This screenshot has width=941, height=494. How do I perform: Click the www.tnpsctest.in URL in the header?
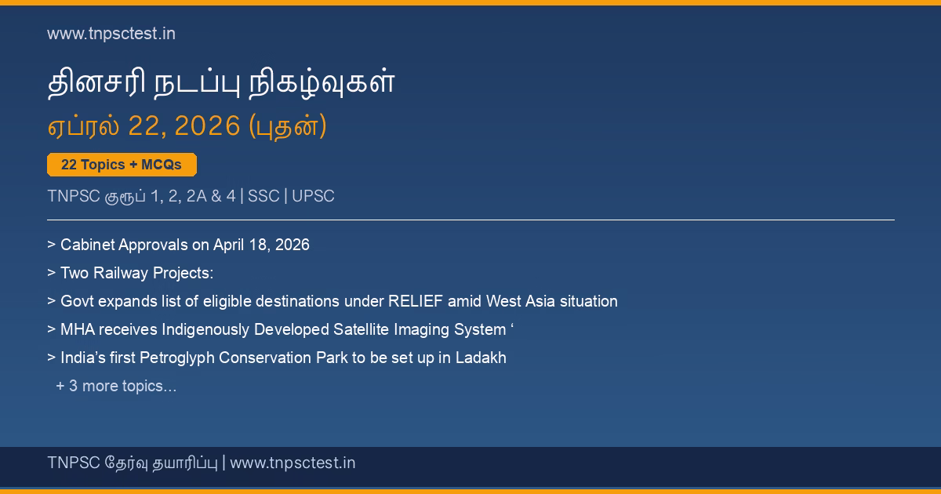point(111,34)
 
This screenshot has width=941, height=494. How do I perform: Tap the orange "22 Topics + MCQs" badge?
point(122,165)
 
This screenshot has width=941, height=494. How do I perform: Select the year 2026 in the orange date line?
point(207,125)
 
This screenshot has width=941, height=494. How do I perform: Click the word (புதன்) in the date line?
point(288,126)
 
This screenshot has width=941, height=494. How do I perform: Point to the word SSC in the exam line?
point(263,196)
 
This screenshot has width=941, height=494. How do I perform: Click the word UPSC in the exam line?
point(313,196)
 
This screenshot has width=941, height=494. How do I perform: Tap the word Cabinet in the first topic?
point(87,245)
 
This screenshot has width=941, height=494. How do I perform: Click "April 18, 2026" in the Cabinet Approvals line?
point(261,245)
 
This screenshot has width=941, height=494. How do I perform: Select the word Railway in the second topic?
point(121,274)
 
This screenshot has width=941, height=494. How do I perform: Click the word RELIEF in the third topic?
point(416,301)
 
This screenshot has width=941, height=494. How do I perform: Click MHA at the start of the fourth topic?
point(78,330)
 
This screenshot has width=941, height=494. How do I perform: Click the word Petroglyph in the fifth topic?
point(177,358)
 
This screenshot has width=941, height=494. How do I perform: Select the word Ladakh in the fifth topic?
point(481,358)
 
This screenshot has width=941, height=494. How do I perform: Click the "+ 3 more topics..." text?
point(116,386)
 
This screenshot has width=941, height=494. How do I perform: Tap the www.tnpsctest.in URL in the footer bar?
point(292,463)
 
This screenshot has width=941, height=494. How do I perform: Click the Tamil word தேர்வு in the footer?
point(126,463)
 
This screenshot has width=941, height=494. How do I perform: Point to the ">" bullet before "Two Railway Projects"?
point(51,273)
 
